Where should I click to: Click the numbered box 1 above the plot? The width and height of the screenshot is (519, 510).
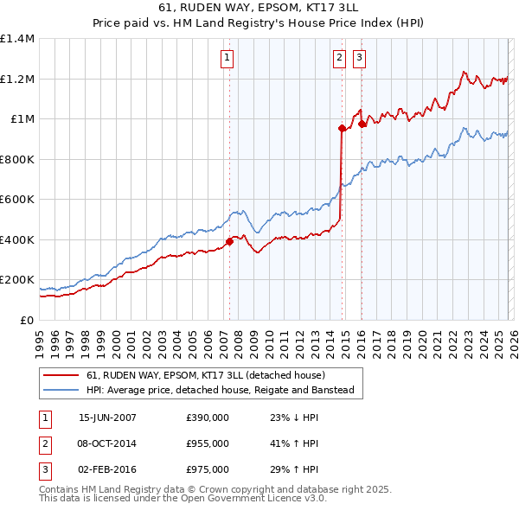[x=227, y=58]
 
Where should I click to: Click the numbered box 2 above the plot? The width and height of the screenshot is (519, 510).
[x=338, y=58]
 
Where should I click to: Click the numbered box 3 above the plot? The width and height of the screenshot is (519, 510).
[x=358, y=58]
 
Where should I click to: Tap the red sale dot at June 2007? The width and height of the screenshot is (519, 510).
[x=229, y=242]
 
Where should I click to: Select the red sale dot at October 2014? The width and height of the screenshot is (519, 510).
[x=342, y=129]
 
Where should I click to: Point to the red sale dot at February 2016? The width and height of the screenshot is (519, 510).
[x=362, y=124]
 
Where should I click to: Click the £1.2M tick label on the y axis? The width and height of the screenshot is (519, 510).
[x=17, y=79]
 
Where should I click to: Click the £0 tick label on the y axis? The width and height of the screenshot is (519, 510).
[x=28, y=320]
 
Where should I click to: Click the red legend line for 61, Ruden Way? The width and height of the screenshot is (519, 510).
[x=61, y=376]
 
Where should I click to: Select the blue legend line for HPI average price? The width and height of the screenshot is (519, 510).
[x=61, y=391]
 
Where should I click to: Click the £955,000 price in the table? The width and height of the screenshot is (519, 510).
[x=208, y=443]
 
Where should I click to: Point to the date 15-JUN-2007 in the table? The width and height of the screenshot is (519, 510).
[x=107, y=418]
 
